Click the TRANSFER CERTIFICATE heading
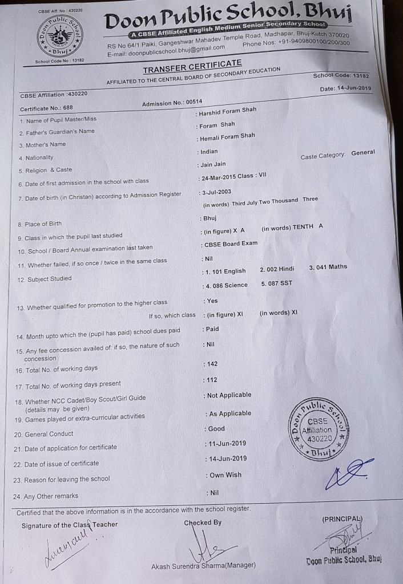point(192,66)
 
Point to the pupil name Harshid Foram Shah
point(227,111)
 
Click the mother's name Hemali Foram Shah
point(227,137)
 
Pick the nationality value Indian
point(209,152)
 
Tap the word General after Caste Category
point(363,153)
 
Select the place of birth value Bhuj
point(209,218)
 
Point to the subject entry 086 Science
point(228,286)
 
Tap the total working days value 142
point(212,364)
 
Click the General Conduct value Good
point(216,429)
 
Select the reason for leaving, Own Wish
point(225,475)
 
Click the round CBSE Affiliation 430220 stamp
point(318,428)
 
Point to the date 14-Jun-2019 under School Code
point(346,88)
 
